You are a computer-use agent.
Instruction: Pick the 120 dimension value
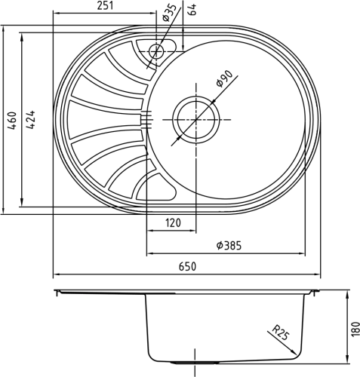(174, 223)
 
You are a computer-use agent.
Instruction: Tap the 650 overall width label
(187, 266)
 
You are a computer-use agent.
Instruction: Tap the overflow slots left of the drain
(147, 118)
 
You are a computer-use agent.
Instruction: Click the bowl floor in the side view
(226, 360)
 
